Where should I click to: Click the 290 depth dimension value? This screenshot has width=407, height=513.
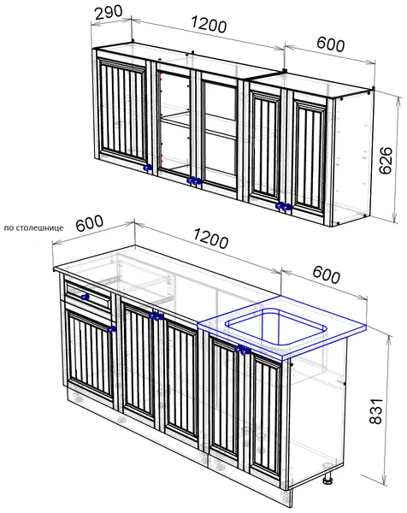(x=109, y=12)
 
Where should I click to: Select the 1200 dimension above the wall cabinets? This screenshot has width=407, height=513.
(x=209, y=24)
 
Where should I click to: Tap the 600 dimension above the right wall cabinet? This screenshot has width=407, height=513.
(x=330, y=44)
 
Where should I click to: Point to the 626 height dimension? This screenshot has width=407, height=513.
(x=386, y=161)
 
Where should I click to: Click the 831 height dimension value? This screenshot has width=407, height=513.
(x=375, y=411)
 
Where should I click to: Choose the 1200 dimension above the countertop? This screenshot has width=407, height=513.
(x=211, y=239)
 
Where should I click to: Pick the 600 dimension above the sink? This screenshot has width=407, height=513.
(x=326, y=274)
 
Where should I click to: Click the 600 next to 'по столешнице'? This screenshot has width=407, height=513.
(x=89, y=223)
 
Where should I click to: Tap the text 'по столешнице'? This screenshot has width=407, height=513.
(x=33, y=227)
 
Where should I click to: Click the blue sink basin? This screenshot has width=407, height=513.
(x=276, y=327)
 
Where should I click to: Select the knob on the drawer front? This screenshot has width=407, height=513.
(x=85, y=297)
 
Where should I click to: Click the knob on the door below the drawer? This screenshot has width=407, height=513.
(x=112, y=329)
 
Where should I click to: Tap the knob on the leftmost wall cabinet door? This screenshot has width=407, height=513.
(x=148, y=168)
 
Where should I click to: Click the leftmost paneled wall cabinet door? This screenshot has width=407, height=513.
(x=123, y=111)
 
